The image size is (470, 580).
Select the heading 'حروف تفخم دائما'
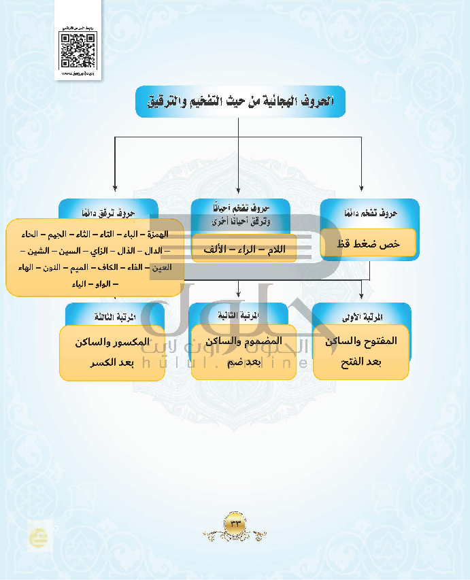tap(369, 213)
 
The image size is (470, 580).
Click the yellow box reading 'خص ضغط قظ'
tap(368, 243)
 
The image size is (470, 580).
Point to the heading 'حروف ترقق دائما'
tap(108, 211)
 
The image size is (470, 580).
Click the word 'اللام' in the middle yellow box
tap(273, 250)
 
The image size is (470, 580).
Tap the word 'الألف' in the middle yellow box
tap(215, 250)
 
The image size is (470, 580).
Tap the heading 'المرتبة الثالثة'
tap(114, 318)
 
